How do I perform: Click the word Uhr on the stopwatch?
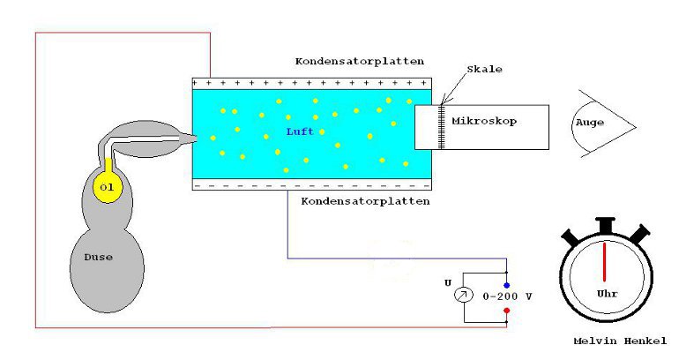(606, 291)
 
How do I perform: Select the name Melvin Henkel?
(620, 340)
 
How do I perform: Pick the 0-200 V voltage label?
(508, 296)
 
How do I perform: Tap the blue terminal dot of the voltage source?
(506, 285)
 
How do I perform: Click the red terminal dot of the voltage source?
(506, 311)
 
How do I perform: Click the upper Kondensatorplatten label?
(359, 62)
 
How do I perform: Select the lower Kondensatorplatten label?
(366, 201)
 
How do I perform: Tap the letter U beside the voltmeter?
(448, 283)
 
